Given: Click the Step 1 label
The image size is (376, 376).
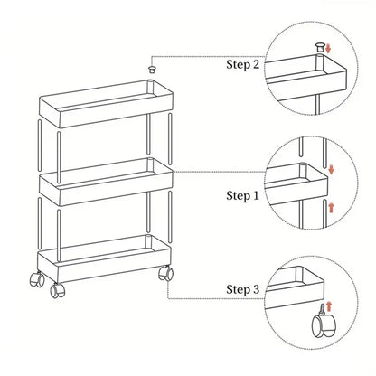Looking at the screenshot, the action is click(242, 196).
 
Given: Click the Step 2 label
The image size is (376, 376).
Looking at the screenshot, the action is click(242, 64).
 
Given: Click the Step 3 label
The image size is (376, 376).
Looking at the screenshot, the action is click(242, 289).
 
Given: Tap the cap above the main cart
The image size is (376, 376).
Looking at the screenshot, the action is click(153, 70).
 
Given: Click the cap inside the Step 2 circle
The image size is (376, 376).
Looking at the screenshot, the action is click(320, 48).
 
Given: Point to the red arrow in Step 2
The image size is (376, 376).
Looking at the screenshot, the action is click(328, 49).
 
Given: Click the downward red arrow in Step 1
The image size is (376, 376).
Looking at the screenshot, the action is click(332, 169).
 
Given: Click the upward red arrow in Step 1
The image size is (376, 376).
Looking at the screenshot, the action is click(332, 208).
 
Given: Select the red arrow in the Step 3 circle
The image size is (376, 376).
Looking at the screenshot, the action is click(329, 306).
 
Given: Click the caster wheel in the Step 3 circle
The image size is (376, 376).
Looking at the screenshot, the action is click(323, 324).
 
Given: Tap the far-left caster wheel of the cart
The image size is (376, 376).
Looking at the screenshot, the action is click(37, 278).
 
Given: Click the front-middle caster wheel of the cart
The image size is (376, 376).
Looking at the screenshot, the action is click(57, 290).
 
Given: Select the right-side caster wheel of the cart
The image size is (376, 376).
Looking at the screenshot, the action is click(166, 273).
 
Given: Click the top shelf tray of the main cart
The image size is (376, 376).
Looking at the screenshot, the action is click(106, 103).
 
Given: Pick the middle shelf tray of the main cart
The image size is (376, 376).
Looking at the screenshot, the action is click(106, 182).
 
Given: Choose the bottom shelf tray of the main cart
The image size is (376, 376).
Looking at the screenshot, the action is click(105, 258).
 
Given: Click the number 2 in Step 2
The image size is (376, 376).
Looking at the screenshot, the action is click(256, 64).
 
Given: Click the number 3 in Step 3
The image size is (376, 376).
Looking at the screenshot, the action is click(256, 289).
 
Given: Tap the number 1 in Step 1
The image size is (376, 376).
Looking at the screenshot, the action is click(256, 196).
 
